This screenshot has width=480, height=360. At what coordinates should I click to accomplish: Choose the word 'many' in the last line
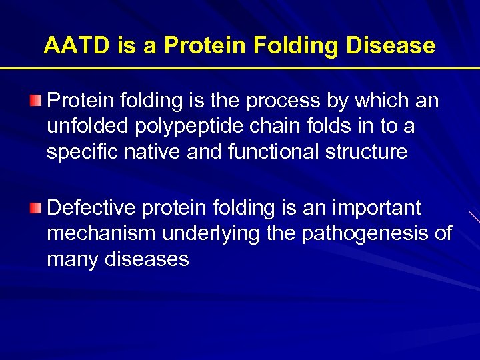coord(73,259)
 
